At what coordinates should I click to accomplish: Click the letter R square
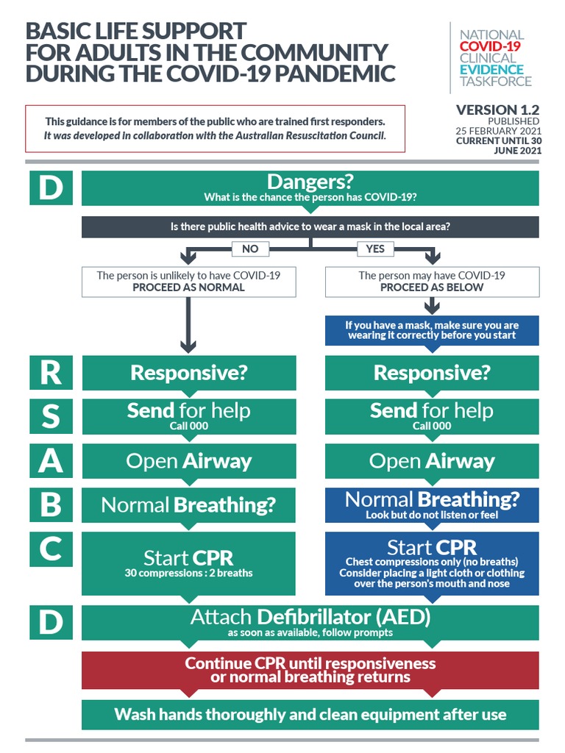(x=50, y=373)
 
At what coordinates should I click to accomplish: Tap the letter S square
(x=50, y=417)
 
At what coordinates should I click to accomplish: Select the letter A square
(x=50, y=461)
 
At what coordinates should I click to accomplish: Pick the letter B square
(x=50, y=505)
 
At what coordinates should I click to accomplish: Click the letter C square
(x=50, y=550)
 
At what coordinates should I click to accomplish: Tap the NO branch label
(x=250, y=249)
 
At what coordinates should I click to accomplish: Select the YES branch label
(x=375, y=249)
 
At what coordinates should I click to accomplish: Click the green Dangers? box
(x=310, y=188)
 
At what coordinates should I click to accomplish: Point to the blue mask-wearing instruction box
(x=432, y=330)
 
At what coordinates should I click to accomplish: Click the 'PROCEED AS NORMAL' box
(x=189, y=282)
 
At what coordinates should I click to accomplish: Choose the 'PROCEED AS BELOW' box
(x=432, y=282)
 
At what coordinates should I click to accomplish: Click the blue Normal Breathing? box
(x=432, y=505)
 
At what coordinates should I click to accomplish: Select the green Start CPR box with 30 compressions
(x=189, y=563)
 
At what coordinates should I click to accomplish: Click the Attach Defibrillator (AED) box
(x=310, y=622)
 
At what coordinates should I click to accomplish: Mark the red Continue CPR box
(x=310, y=670)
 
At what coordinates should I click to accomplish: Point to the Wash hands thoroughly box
(x=310, y=714)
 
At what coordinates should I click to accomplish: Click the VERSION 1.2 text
(x=497, y=110)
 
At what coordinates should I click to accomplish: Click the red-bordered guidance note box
(x=215, y=129)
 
